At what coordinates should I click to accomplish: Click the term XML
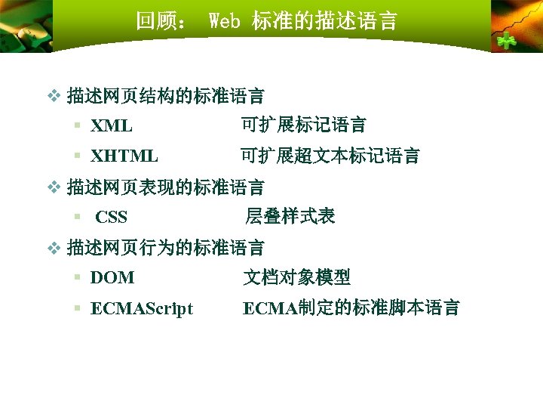[112, 125]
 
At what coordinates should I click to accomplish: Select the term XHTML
[124, 156]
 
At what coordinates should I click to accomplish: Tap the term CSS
[112, 218]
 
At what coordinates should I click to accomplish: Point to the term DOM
[112, 278]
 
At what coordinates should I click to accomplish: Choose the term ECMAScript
[141, 308]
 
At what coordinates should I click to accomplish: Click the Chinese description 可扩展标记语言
[303, 125]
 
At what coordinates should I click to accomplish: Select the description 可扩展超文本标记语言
[330, 156]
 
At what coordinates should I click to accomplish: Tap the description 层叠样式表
[290, 217]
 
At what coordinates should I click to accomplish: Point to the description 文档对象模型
[296, 278]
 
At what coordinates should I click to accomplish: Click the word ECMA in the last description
[269, 308]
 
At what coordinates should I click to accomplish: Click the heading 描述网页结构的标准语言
[166, 96]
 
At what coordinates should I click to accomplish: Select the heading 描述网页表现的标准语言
[166, 187]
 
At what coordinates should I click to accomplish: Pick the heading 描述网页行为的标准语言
[166, 247]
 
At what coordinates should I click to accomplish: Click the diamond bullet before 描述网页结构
[53, 96]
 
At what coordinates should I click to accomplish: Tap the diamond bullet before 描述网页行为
[53, 247]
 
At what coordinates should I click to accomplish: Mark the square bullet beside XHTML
[78, 156]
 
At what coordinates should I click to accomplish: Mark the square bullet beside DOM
[78, 278]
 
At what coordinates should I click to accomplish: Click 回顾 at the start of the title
[154, 21]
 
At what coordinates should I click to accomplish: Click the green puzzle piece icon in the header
[506, 40]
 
